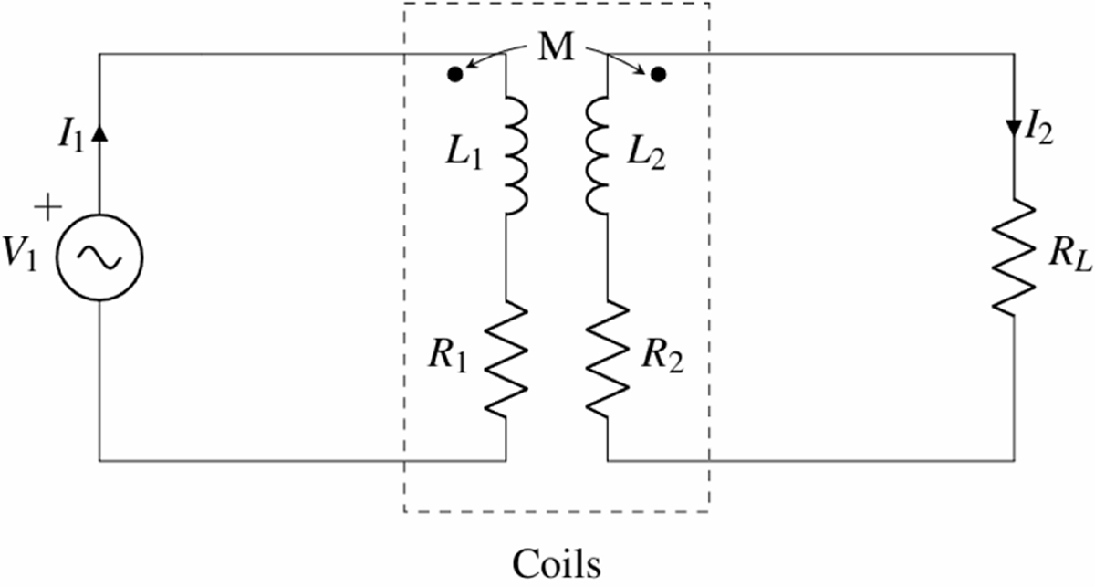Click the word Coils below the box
556,562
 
